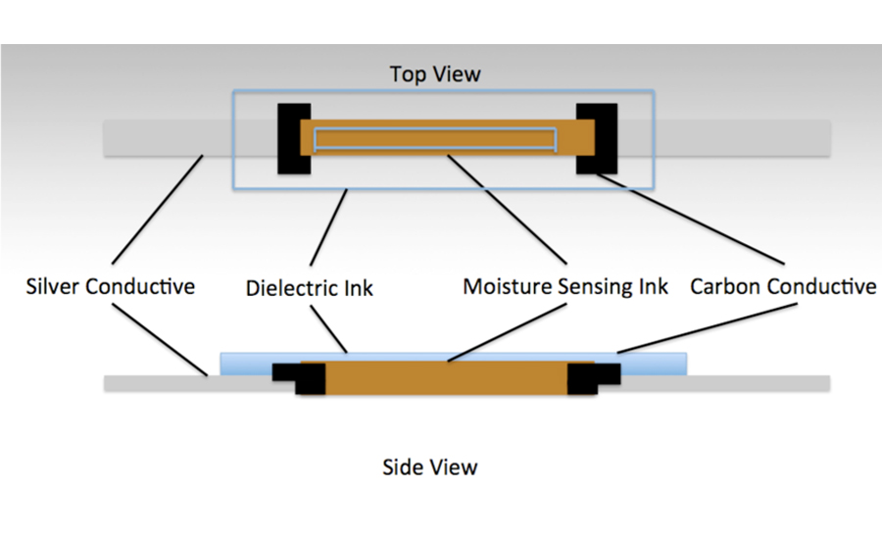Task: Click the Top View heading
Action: tap(435, 74)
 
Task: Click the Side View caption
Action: tap(429, 466)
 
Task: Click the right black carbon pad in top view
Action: tap(596, 138)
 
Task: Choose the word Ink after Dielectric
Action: tap(356, 288)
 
